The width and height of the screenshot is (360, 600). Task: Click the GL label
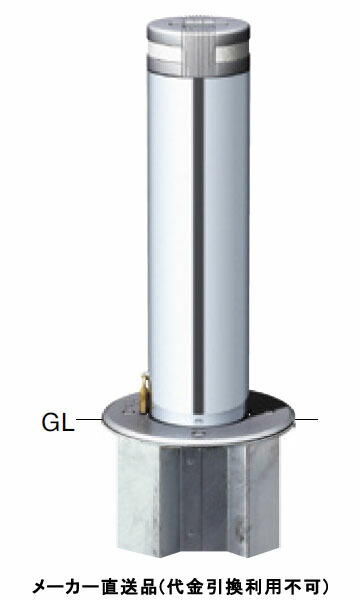pos(57,422)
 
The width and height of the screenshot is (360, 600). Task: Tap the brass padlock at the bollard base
pos(145,393)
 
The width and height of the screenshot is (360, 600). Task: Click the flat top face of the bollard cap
pos(198,24)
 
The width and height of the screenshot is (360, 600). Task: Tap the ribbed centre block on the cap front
pos(199,53)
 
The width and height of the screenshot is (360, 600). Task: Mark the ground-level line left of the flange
pos(89,419)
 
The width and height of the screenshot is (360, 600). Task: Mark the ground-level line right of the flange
pos(306,419)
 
